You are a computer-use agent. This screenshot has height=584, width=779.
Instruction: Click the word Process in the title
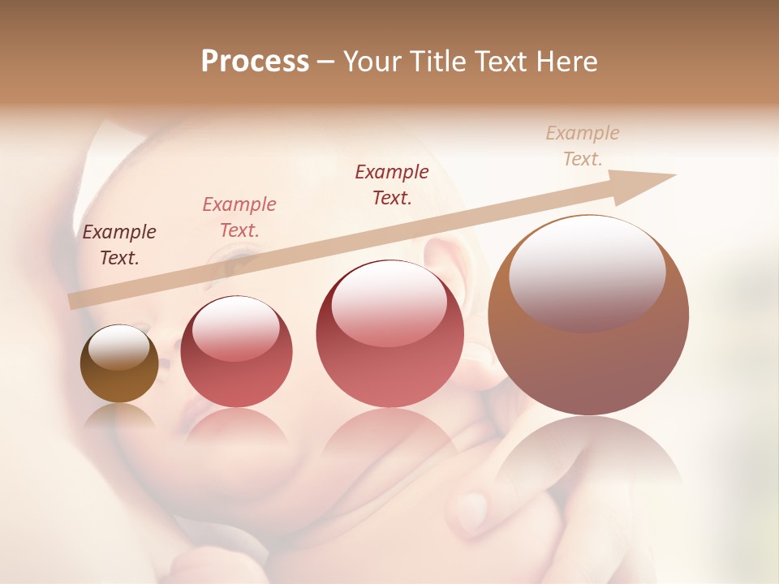pyautogui.click(x=255, y=62)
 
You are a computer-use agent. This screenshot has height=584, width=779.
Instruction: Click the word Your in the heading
pyautogui.click(x=372, y=62)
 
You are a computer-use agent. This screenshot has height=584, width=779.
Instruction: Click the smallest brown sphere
pyautogui.click(x=119, y=364)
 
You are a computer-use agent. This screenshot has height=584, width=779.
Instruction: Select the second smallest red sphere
pyautogui.click(x=236, y=352)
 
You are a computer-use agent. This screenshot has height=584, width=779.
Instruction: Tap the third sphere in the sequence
pyautogui.click(x=389, y=334)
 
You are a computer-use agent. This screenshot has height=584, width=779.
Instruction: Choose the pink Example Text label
pyautogui.click(x=239, y=217)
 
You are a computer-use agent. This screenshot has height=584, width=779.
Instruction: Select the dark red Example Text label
pyautogui.click(x=392, y=184)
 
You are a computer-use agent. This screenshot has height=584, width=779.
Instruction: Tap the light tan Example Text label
pyautogui.click(x=583, y=146)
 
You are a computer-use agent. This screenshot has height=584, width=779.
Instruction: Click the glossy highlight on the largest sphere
pyautogui.click(x=587, y=269)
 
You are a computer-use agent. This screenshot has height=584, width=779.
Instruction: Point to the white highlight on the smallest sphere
pyautogui.click(x=118, y=347)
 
